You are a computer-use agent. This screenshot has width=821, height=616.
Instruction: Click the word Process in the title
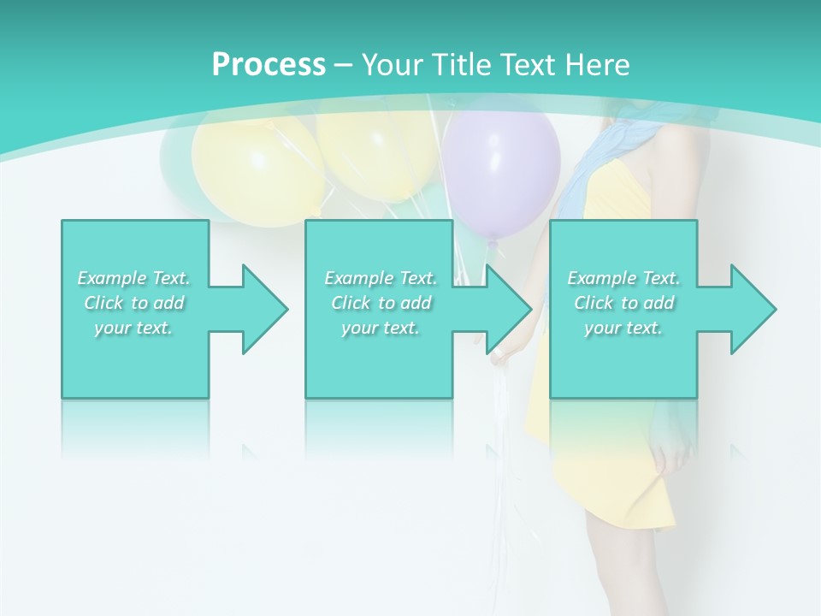point(269,65)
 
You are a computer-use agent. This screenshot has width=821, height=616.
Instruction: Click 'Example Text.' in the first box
point(133,278)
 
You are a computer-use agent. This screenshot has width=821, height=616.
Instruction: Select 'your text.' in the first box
point(133,328)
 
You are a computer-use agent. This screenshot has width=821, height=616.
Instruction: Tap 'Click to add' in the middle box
point(381,303)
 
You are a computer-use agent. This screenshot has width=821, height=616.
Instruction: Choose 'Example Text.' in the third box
point(623,278)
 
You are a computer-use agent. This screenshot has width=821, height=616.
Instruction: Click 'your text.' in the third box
point(623,328)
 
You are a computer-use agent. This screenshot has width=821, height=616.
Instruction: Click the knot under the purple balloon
point(492,247)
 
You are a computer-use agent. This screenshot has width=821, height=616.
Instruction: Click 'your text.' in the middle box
point(381,328)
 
